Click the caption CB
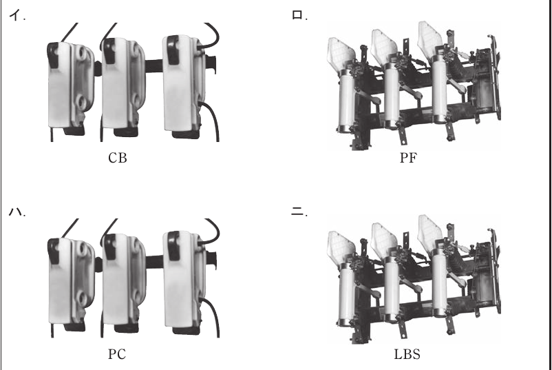117,158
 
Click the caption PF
408,158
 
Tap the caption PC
117,354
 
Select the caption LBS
407,354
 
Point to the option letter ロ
298,16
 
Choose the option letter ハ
17,212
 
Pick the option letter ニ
298,212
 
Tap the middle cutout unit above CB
123,86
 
